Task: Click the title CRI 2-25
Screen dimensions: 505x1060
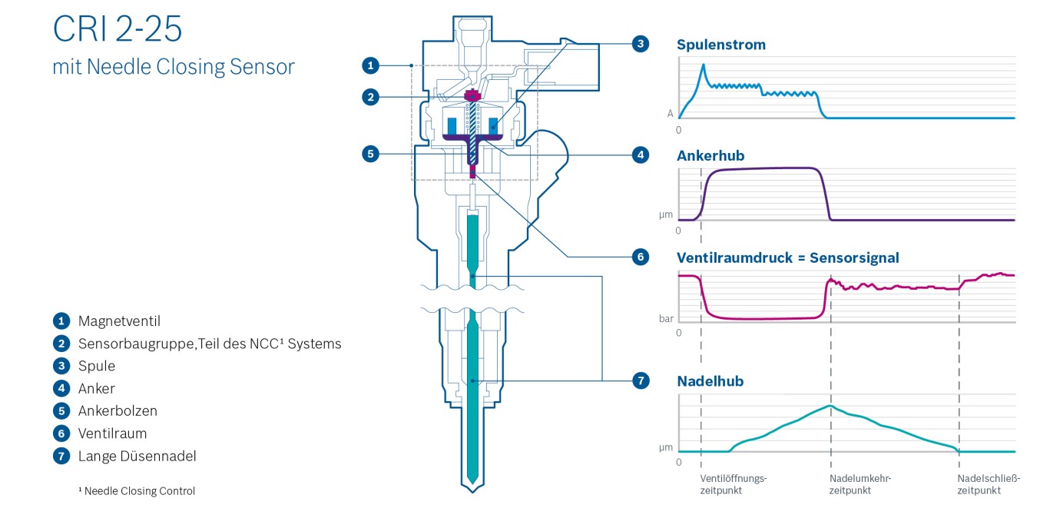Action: pos(118,29)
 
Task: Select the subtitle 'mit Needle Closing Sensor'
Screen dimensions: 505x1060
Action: pos(173,67)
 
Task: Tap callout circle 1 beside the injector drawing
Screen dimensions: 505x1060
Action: pos(370,65)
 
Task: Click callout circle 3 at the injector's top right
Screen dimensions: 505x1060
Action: pos(641,44)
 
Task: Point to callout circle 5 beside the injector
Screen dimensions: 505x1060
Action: pos(370,154)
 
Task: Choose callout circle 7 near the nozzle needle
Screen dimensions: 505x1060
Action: pos(641,380)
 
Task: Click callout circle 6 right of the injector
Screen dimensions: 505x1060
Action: pos(641,257)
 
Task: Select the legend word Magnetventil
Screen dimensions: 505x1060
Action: pos(119,321)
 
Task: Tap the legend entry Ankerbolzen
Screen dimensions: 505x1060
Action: pos(118,411)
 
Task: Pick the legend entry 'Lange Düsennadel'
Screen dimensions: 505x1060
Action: pos(137,457)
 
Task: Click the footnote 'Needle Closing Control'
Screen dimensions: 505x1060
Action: pos(139,491)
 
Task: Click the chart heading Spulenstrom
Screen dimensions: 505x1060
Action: pos(720,45)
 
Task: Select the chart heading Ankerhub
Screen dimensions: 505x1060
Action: pos(711,156)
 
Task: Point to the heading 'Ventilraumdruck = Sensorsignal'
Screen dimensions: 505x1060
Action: pos(787,257)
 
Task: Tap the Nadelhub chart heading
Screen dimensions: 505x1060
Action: pos(710,380)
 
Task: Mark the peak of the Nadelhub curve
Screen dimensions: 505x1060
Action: pos(830,405)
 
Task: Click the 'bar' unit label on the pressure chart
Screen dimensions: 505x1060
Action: pos(666,317)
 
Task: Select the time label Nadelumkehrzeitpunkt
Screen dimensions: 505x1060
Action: pos(860,484)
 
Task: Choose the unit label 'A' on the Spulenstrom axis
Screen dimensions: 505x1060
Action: pos(670,114)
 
